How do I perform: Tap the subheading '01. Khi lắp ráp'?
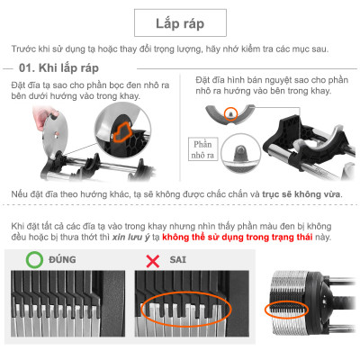coord(63,69)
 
